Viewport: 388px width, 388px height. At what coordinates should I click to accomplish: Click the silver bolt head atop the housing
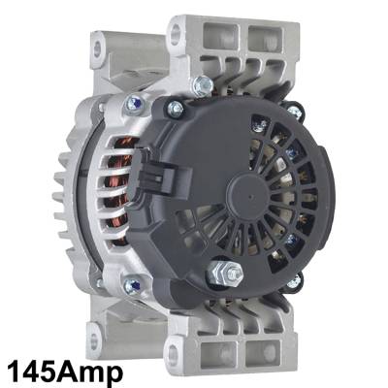point(202,85)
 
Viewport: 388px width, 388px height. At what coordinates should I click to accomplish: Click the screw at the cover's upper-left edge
point(173,107)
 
